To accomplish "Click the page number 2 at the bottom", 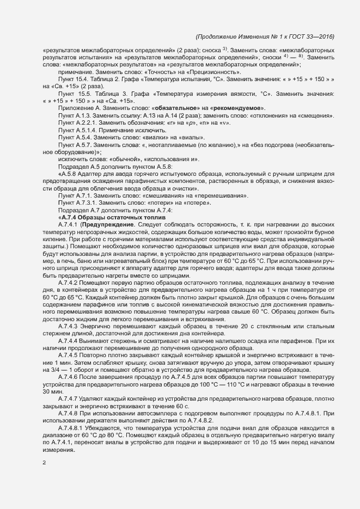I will pos(44,463).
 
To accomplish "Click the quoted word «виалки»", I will pos(152,138).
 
